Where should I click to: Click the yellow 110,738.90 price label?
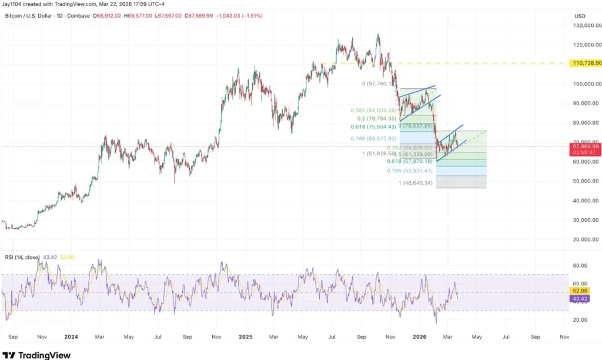coord(586,63)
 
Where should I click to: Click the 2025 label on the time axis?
coord(246,337)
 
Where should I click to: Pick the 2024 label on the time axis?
coord(71,337)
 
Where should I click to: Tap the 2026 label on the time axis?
coord(420,337)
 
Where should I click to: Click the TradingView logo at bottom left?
coord(37,355)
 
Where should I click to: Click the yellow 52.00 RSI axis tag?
coord(580,291)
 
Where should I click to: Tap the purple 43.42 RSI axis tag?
coord(580,298)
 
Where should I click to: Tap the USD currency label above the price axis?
coord(580,16)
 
